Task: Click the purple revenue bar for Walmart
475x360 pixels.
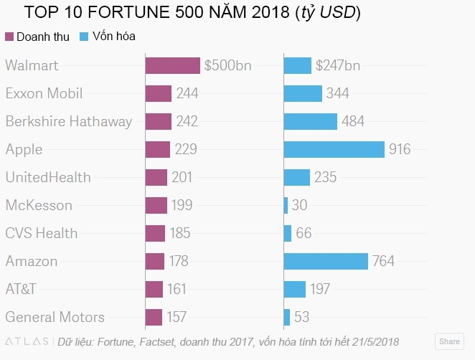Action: tap(172, 66)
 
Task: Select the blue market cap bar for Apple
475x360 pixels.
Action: tap(334, 149)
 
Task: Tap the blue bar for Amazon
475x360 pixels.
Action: tap(326, 261)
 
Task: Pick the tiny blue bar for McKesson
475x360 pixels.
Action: tap(286, 205)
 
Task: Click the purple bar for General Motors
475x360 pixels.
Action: tap(154, 317)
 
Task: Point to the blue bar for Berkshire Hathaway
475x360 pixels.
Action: tap(310, 121)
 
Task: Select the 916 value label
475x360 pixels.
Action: tap(400, 149)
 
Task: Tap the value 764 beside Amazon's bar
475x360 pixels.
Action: tap(383, 261)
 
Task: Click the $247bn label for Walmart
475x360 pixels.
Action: tap(338, 66)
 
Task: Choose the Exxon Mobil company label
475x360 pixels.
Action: tap(44, 93)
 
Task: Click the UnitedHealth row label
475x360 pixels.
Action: tap(48, 177)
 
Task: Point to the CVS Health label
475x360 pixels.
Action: tap(42, 233)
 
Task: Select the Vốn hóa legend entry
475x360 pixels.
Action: tap(108, 36)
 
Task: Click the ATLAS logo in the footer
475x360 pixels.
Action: tap(27, 341)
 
